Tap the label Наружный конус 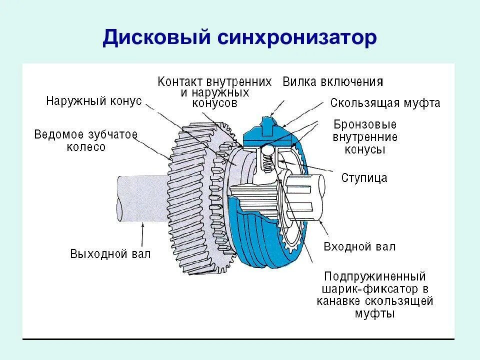click(94, 101)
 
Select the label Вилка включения click(333, 81)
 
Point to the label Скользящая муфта click(385, 103)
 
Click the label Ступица click(364, 177)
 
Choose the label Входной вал click(359, 246)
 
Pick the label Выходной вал click(110, 253)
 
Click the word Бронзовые click(365, 124)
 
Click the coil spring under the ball click(266, 162)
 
